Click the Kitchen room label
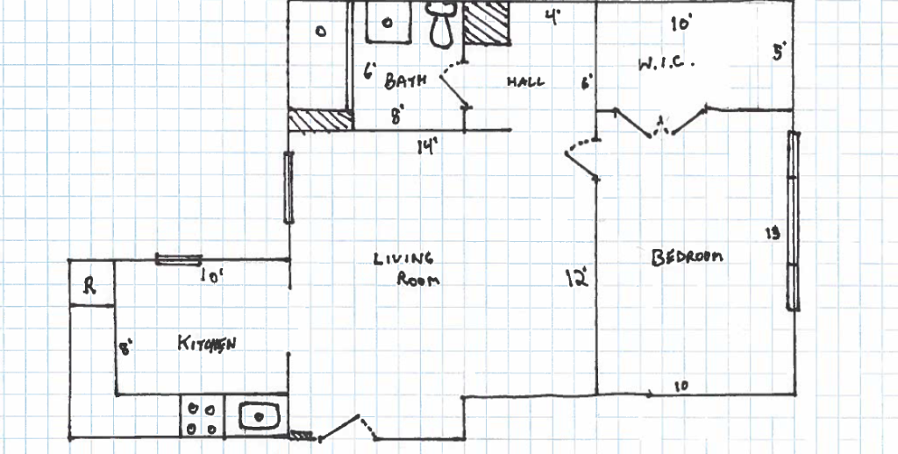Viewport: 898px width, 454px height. [x=207, y=343]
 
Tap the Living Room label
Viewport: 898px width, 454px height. [x=405, y=270]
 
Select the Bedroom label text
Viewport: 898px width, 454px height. [x=687, y=257]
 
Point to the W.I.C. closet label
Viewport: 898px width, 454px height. [x=666, y=63]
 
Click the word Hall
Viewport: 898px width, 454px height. [x=525, y=82]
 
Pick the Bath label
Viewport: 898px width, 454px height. [x=405, y=81]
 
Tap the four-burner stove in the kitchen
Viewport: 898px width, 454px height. [x=202, y=417]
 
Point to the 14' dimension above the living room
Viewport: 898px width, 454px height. [x=427, y=147]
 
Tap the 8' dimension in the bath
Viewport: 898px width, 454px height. [x=396, y=113]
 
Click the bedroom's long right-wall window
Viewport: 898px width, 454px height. [x=793, y=220]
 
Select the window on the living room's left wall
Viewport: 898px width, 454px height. [x=288, y=188]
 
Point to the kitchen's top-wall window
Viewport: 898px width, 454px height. [x=178, y=259]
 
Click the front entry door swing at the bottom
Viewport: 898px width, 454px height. [x=346, y=428]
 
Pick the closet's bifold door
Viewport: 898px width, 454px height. [x=661, y=122]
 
